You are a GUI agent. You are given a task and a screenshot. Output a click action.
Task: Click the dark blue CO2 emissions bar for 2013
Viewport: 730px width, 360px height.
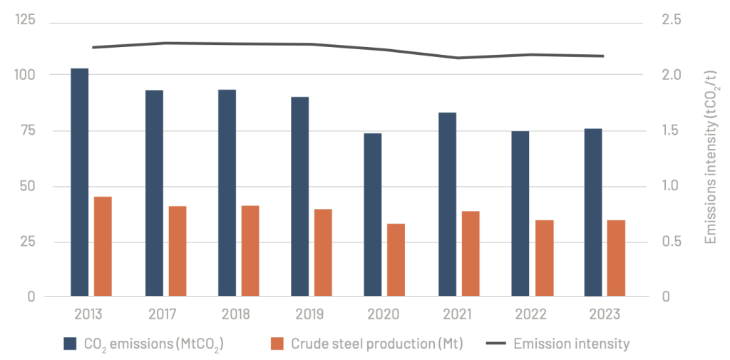pos(80,182)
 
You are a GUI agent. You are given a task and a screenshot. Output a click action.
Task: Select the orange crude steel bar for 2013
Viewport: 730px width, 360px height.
pos(103,247)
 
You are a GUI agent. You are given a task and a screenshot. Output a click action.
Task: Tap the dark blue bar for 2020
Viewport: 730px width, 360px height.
pos(372,215)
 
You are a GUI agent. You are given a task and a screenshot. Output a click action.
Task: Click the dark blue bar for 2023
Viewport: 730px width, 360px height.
pos(592,212)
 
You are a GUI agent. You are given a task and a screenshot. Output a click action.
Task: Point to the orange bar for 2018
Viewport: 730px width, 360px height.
pos(250,250)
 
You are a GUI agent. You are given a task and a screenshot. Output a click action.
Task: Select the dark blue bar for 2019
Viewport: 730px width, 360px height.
pos(300,197)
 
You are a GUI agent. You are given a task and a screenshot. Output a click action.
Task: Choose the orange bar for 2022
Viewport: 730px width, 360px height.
pos(544,258)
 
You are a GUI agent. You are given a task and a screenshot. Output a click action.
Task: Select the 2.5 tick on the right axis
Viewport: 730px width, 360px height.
pos(670,21)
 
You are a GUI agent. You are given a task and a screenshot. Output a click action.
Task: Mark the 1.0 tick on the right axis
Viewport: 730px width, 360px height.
pos(670,186)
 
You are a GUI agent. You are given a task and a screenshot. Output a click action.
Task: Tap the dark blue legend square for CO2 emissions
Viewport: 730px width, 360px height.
pos(70,344)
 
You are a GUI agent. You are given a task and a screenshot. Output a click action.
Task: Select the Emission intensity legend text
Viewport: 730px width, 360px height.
pos(572,344)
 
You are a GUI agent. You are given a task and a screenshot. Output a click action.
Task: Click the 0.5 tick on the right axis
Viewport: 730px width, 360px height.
pos(670,241)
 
